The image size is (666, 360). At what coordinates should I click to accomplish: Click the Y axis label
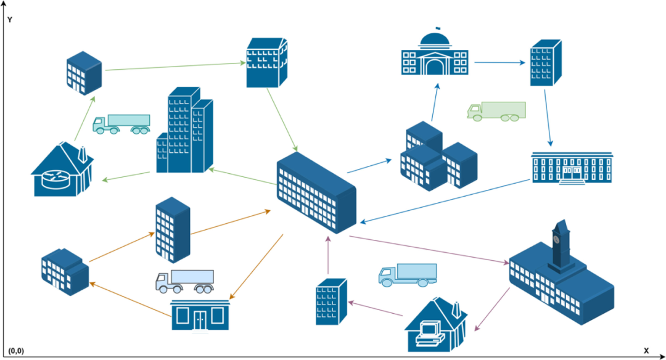pos(10,20)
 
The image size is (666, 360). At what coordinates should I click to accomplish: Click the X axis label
pos(646,350)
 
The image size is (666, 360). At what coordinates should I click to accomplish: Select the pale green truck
pos(496,111)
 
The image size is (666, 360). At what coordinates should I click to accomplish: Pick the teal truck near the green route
pos(121,123)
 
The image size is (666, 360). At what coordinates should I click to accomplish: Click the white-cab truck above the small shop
pos(184,281)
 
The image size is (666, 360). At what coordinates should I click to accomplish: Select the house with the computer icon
pos(434,324)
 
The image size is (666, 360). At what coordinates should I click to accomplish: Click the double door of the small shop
pos(200,319)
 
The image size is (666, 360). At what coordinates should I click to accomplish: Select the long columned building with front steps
pos(572,167)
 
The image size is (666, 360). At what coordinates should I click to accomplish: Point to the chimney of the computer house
pos(456,308)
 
